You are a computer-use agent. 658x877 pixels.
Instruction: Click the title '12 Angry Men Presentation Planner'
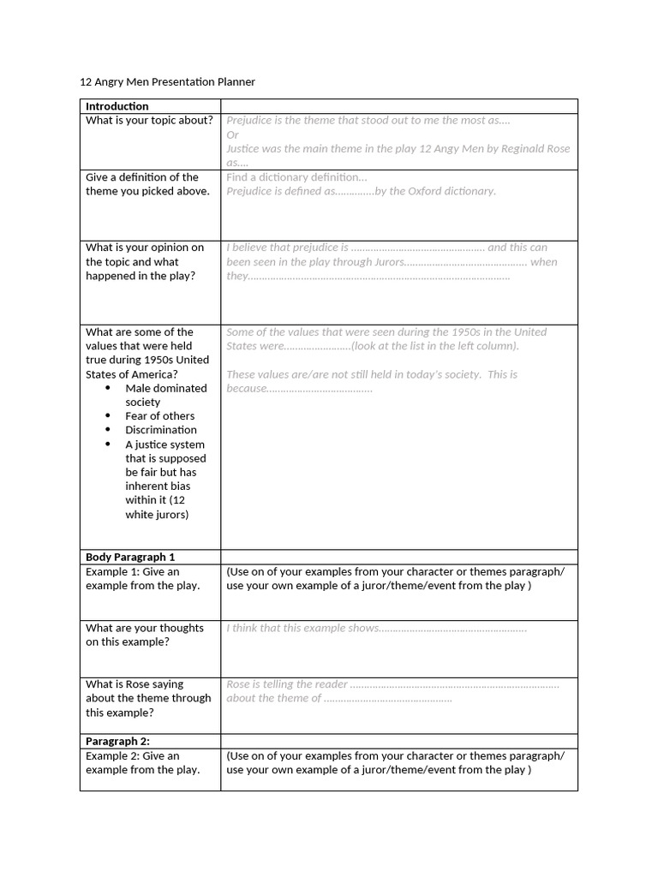[x=167, y=81]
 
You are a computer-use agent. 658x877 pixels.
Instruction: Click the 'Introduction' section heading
[x=117, y=106]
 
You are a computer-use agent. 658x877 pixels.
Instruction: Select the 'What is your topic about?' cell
[x=149, y=120]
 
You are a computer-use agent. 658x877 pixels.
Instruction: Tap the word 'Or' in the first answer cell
[x=232, y=134]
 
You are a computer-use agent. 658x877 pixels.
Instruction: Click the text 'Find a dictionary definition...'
[x=296, y=177]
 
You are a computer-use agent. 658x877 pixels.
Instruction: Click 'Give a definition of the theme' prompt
[x=147, y=184]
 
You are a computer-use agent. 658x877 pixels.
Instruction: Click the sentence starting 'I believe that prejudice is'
[x=287, y=248]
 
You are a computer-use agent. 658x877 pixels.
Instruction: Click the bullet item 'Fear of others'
[x=159, y=416]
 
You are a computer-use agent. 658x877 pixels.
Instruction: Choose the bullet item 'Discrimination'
[x=161, y=430]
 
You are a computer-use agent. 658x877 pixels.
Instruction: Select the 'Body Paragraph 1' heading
[x=130, y=557]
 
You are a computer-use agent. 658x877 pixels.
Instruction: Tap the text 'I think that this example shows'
[x=302, y=628]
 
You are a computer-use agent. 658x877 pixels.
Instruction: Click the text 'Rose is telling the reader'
[x=287, y=684]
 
